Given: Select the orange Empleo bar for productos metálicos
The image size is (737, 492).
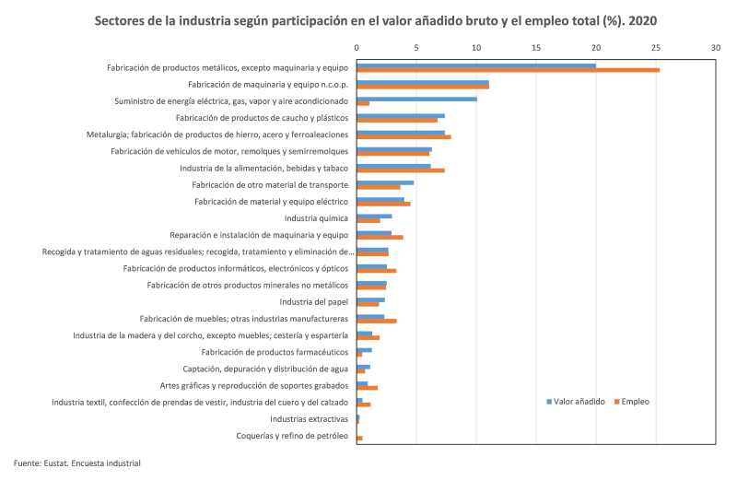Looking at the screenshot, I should click(508, 70).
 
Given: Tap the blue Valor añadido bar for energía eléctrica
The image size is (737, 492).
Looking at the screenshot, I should click(416, 99).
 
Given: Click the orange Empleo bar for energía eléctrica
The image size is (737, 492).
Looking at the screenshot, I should click(363, 103).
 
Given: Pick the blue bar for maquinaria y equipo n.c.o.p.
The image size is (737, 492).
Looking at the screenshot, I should click(423, 82).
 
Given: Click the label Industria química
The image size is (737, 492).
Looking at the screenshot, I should click(316, 218).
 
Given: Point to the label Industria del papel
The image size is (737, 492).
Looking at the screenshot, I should click(314, 301).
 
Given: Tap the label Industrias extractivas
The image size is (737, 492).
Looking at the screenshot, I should click(309, 419).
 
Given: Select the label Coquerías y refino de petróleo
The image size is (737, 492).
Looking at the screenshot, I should click(292, 436).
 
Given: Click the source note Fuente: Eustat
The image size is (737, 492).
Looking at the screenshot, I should click(77, 463).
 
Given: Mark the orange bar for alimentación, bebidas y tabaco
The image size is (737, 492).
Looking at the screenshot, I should click(401, 170).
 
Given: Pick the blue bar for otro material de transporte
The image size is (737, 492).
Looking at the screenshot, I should click(385, 182).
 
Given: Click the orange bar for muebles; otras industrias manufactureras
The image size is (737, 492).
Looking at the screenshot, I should click(377, 321).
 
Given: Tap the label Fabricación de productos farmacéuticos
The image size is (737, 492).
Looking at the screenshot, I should click(275, 352).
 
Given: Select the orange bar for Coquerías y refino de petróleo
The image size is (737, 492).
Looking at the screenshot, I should click(360, 439).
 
